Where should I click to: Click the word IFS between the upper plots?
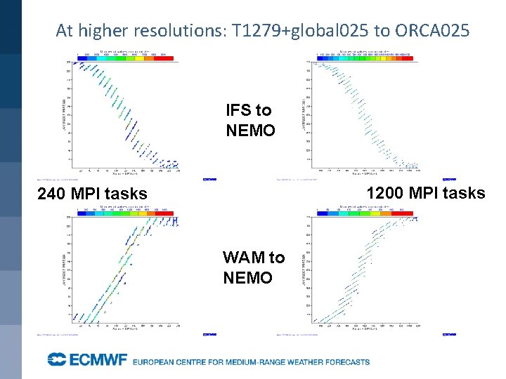click(x=239, y=110)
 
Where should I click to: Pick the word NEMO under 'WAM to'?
click(x=247, y=278)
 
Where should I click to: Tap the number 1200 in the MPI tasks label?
click(x=384, y=193)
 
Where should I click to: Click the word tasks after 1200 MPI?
click(x=465, y=193)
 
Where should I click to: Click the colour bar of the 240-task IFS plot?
click(x=122, y=55)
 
